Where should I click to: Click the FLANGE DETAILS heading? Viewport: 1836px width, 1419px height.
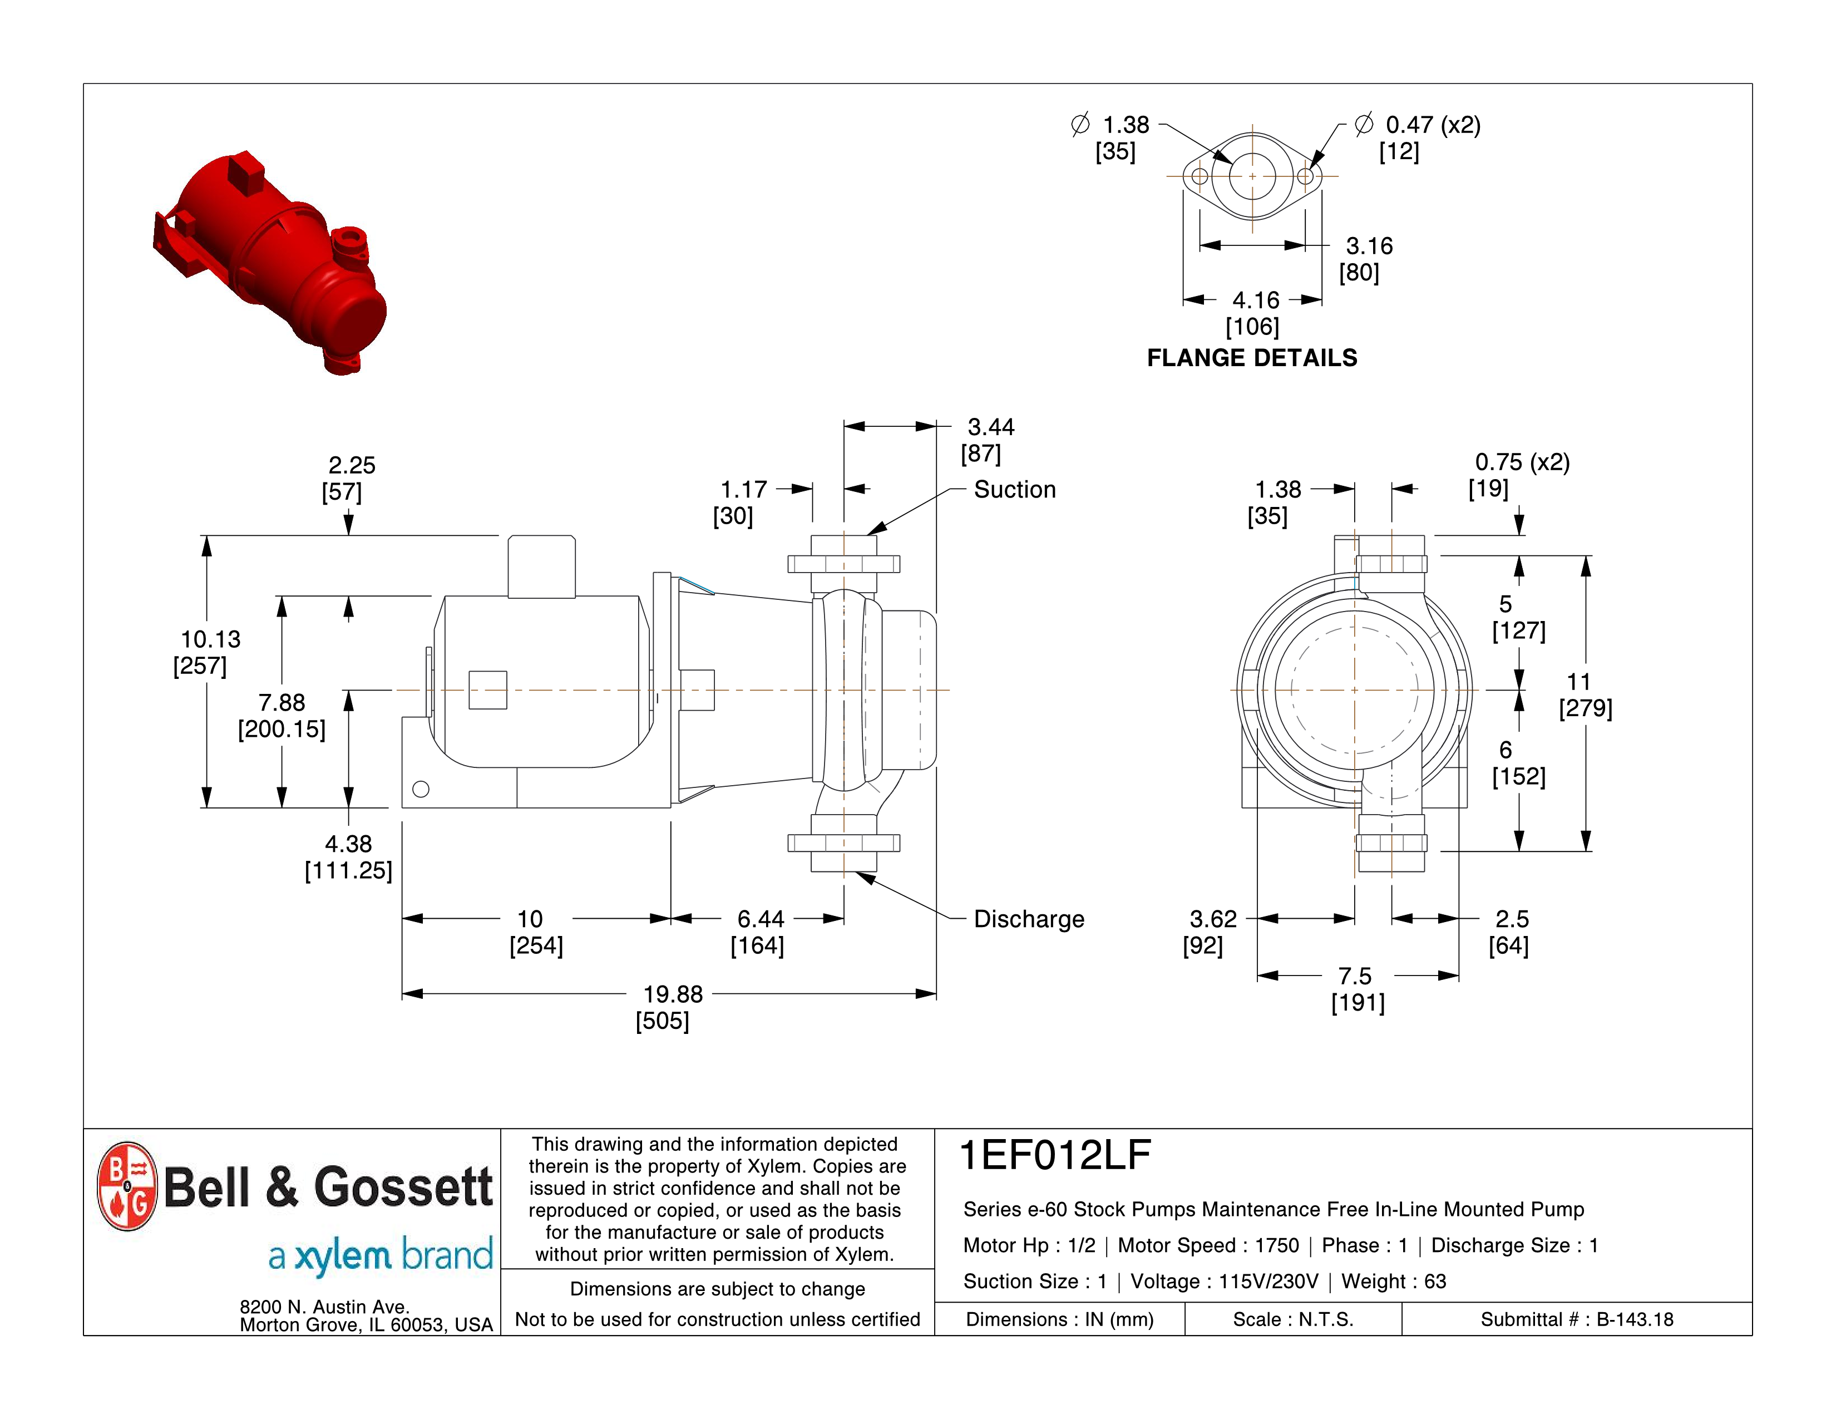[1252, 358]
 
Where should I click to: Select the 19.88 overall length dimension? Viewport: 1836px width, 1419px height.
[673, 994]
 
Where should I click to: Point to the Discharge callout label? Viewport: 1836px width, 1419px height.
[1029, 919]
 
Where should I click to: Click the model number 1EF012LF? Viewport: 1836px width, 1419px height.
[1055, 1155]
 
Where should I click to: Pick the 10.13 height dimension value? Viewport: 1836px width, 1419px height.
[211, 640]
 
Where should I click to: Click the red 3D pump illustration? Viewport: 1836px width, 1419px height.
[269, 262]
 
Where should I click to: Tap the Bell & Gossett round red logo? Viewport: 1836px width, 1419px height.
[127, 1186]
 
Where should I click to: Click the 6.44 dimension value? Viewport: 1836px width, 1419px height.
[760, 919]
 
